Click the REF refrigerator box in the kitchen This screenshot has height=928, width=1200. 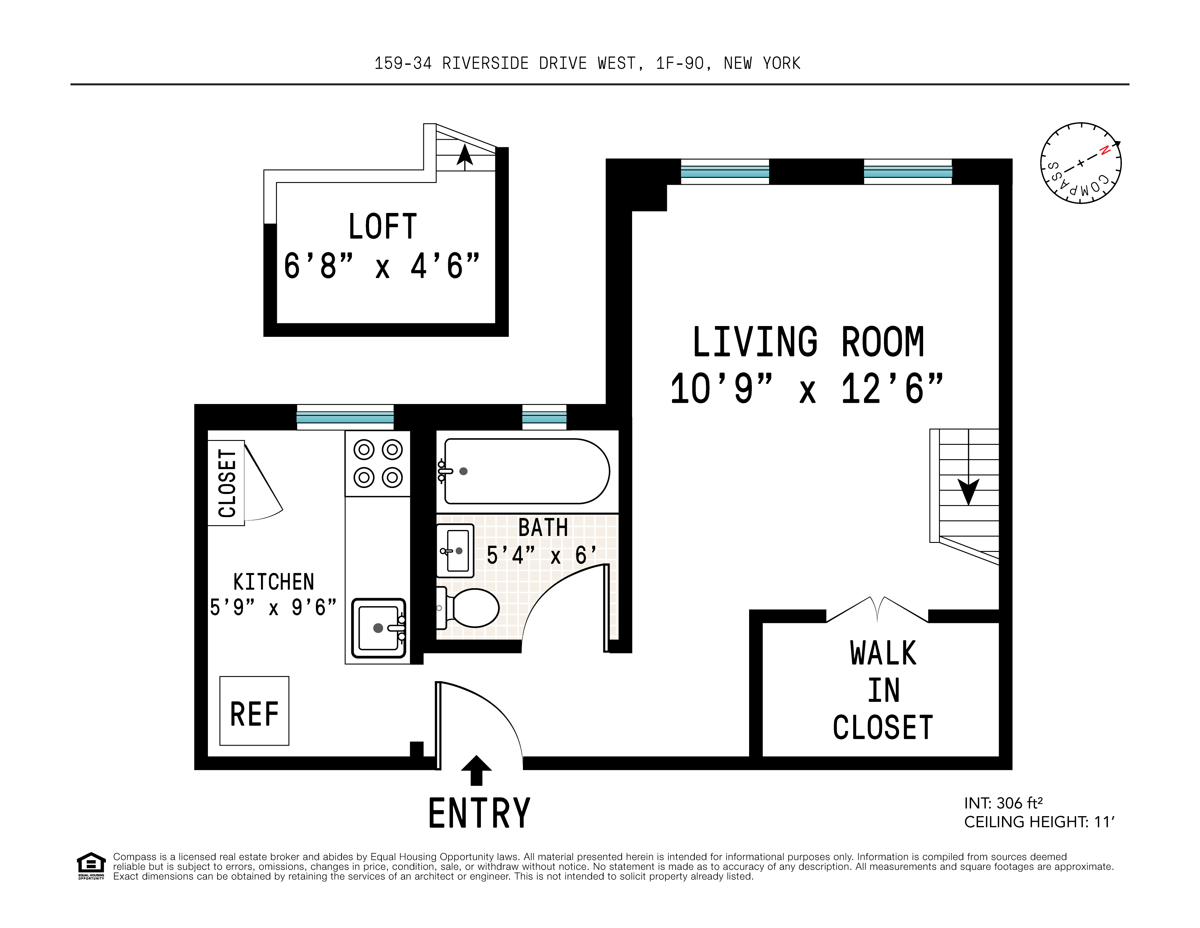254,711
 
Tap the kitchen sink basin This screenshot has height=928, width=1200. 379,628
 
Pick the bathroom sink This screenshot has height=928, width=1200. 455,551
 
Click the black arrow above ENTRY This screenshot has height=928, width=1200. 476,770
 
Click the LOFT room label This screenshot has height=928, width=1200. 383,226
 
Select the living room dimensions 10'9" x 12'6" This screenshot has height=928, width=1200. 807,388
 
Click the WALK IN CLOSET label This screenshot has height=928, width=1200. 883,690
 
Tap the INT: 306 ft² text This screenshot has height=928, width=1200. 1003,803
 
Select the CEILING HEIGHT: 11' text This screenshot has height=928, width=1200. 1039,822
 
